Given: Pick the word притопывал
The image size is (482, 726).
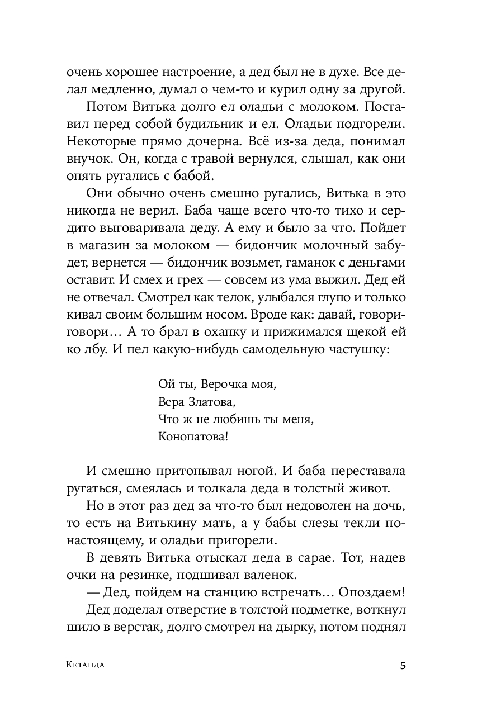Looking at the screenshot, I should click(194, 472).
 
